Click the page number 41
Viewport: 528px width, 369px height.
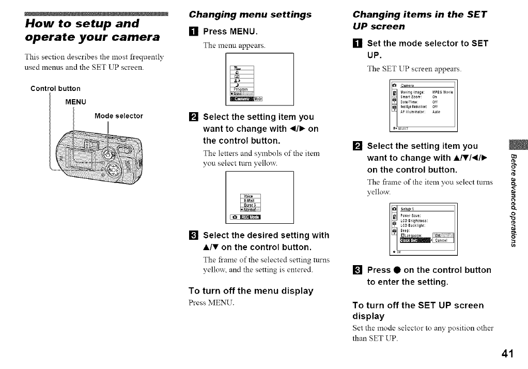[x=507, y=353]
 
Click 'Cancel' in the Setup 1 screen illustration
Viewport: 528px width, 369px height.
[x=441, y=239]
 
